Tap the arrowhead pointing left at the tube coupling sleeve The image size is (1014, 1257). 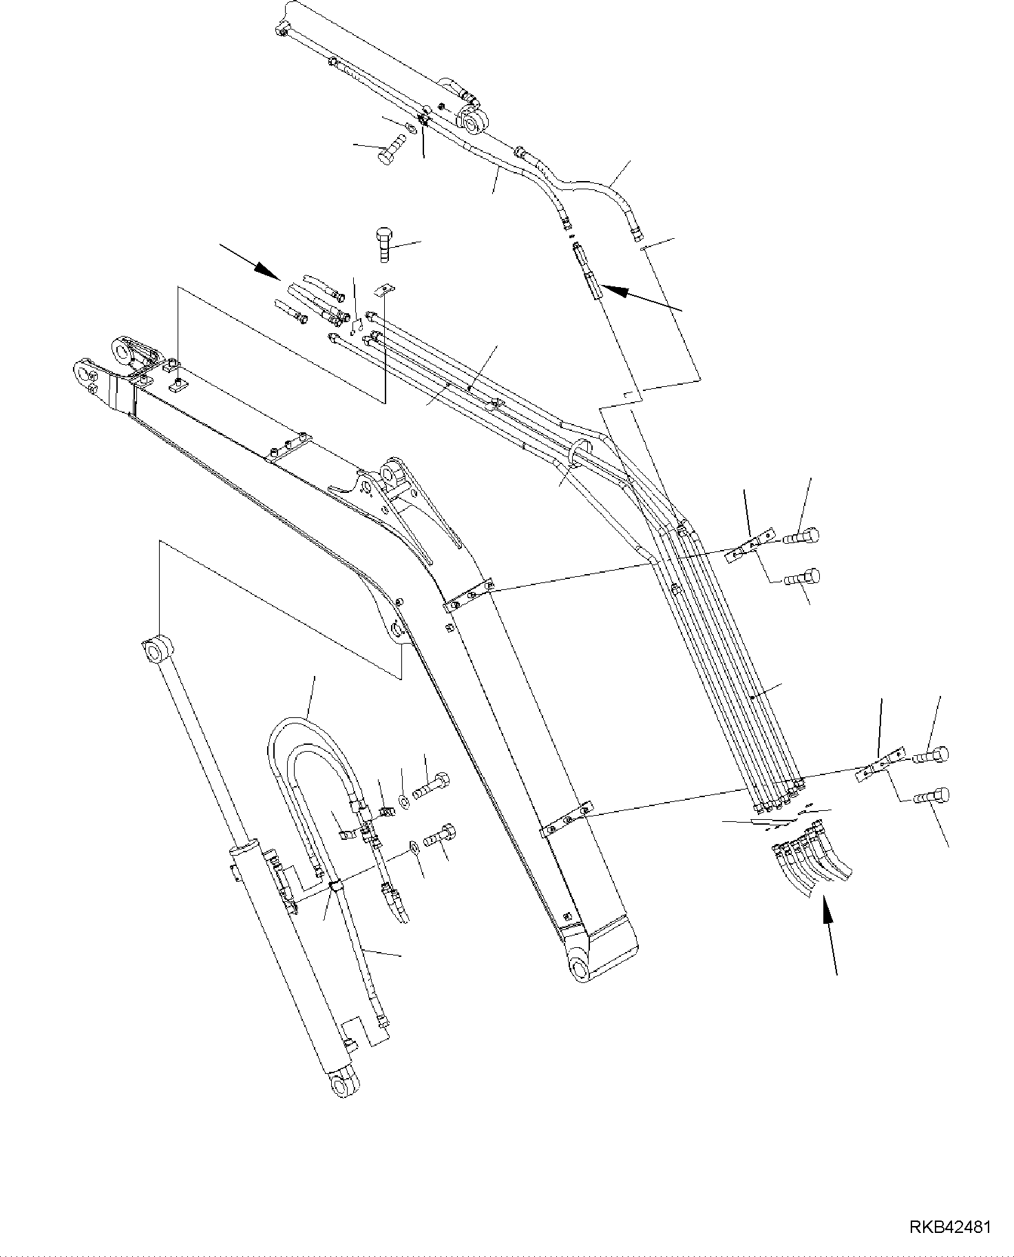point(615,291)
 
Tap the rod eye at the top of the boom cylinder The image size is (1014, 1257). point(158,648)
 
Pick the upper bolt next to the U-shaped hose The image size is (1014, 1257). point(432,785)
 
